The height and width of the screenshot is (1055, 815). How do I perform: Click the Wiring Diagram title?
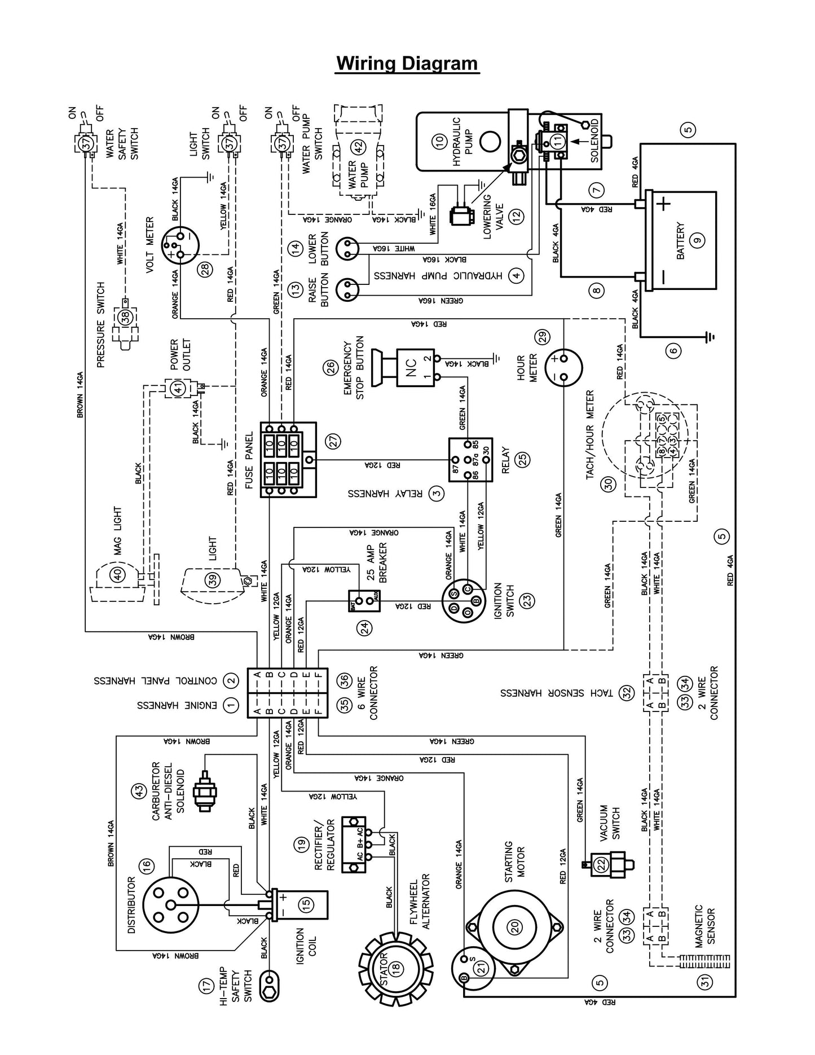tap(407, 63)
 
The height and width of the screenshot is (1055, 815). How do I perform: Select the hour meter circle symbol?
tap(563, 366)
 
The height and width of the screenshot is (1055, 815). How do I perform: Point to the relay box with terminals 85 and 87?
tap(470, 460)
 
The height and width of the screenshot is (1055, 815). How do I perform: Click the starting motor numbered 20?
tap(514, 927)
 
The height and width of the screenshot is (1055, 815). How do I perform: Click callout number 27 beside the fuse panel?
tap(334, 441)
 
